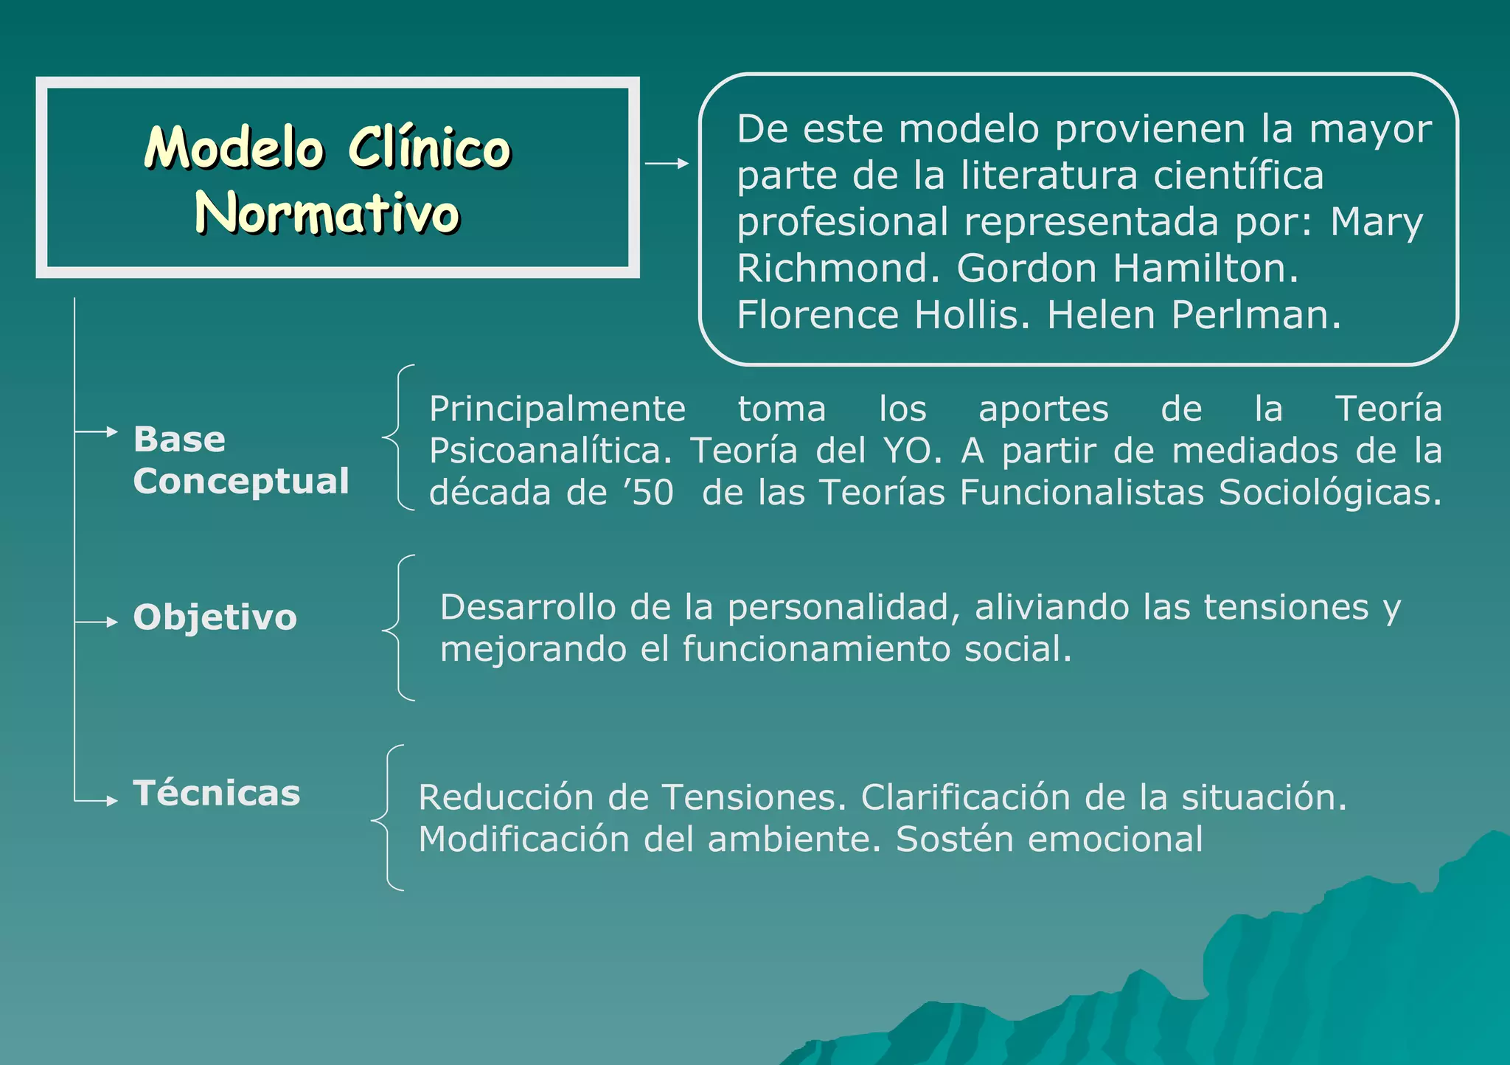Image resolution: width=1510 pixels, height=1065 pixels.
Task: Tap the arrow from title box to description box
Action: click(x=667, y=163)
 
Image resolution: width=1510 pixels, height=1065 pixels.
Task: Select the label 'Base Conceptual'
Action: click(x=241, y=459)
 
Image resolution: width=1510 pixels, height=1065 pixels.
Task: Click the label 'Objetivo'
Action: click(x=215, y=617)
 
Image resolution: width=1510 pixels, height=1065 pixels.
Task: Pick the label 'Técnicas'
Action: click(x=217, y=793)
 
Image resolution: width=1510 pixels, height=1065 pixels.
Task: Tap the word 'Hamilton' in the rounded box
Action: click(x=1205, y=268)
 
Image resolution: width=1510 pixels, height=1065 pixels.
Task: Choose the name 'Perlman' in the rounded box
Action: click(x=1256, y=315)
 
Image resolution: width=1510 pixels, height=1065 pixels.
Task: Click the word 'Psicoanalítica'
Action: click(x=550, y=451)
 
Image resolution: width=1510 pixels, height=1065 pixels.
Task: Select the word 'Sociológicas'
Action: click(x=1329, y=493)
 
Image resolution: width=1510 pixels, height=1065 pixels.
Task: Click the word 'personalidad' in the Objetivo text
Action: click(x=843, y=608)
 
